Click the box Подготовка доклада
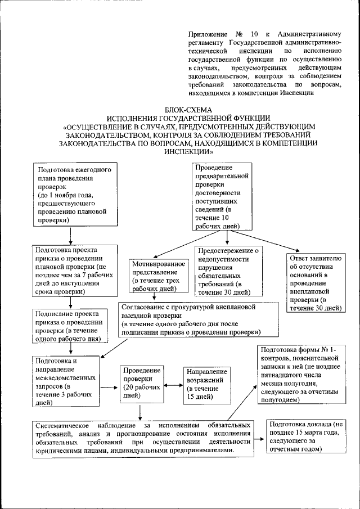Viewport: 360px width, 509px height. pyautogui.click(x=306, y=436)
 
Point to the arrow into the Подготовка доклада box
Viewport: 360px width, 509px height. pyautogui.click(x=259, y=437)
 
